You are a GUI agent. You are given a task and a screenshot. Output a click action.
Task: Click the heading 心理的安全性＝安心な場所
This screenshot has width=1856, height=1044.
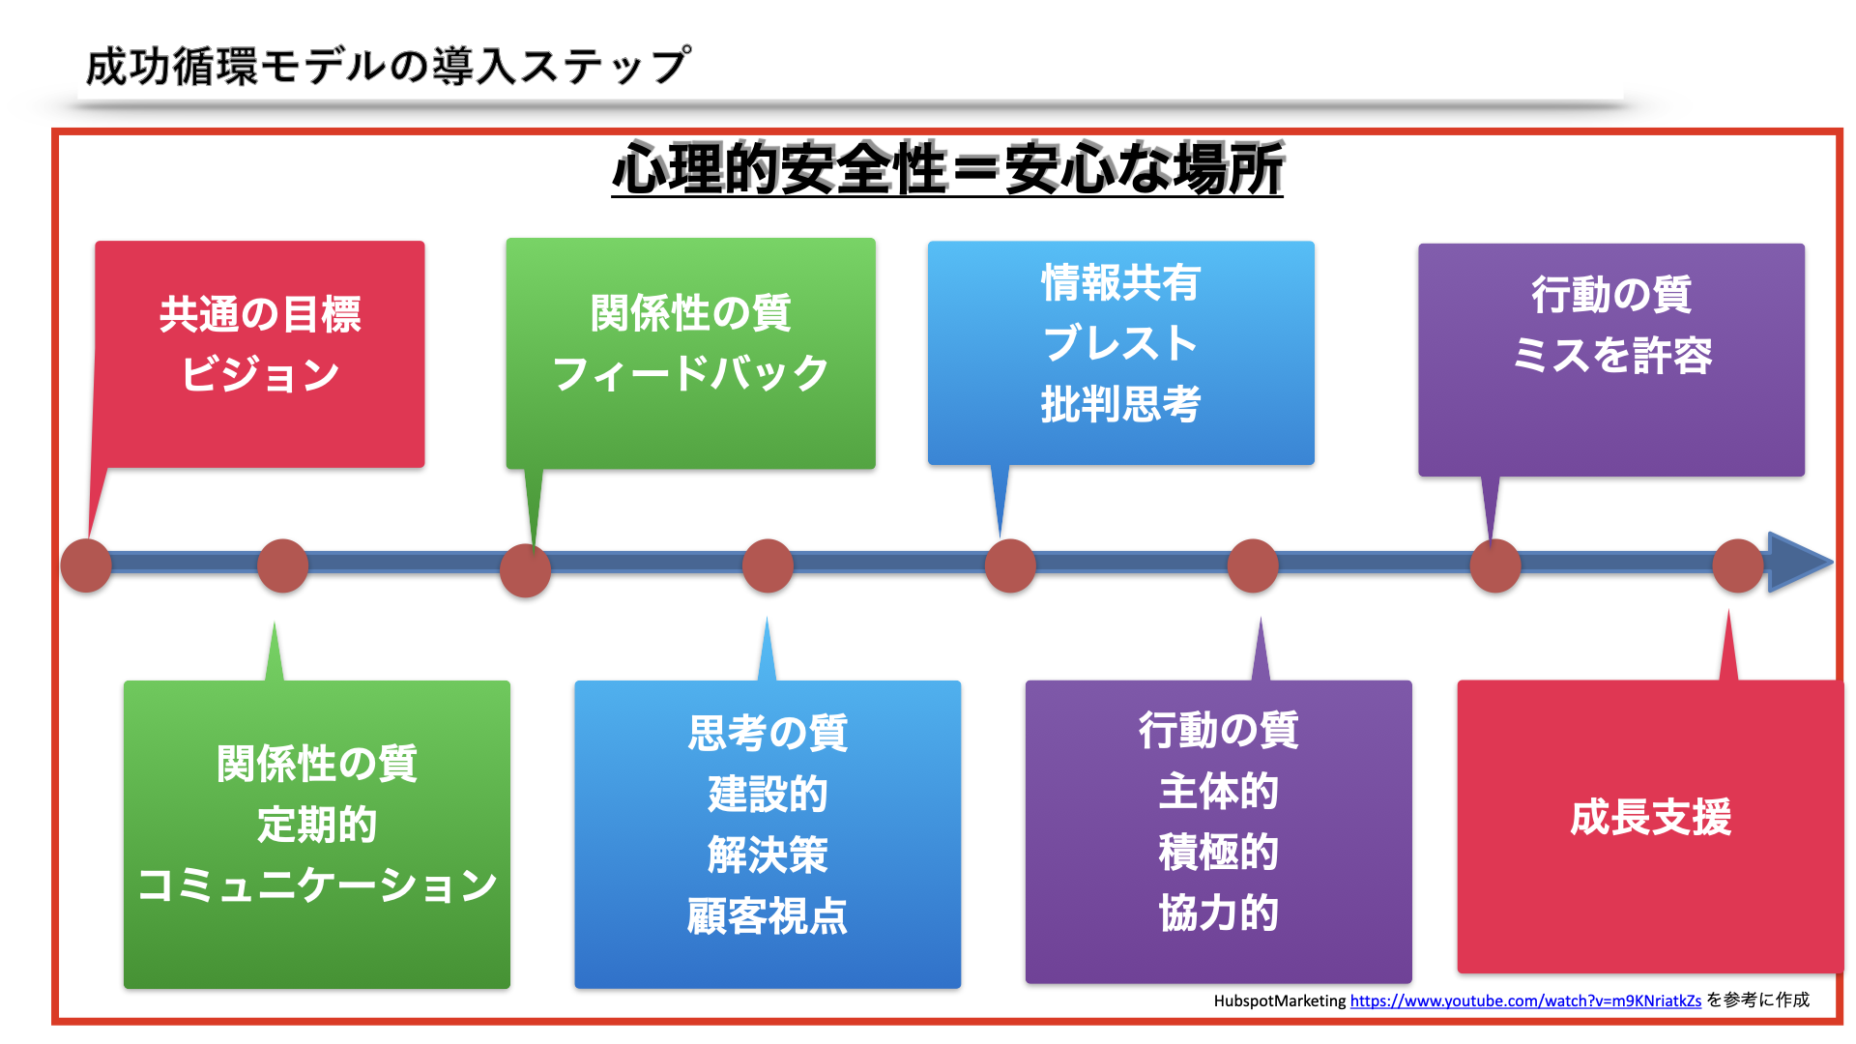pyautogui.click(x=947, y=168)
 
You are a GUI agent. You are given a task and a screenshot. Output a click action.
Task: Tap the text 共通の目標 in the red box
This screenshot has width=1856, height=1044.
pyautogui.click(x=260, y=315)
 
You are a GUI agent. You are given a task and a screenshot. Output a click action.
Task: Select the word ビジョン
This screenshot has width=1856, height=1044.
pyautogui.click(x=260, y=374)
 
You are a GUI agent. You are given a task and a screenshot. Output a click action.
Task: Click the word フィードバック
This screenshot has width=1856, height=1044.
pyautogui.click(x=690, y=373)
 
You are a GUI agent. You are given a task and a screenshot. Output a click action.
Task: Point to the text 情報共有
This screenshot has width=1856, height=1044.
pyautogui.click(x=1120, y=282)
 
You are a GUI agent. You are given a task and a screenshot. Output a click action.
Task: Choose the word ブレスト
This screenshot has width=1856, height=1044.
pyautogui.click(x=1120, y=343)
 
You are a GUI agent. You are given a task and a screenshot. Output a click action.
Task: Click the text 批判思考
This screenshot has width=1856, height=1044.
pyautogui.click(x=1120, y=404)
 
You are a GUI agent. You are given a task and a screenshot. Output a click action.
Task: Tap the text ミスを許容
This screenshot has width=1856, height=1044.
pyautogui.click(x=1611, y=355)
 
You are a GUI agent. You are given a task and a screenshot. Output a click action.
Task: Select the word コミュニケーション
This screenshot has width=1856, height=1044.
pyautogui.click(x=317, y=884)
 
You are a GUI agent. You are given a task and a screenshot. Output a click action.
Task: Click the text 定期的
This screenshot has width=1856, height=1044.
pyautogui.click(x=317, y=825)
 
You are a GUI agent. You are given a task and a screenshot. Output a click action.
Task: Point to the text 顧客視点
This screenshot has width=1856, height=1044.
pyautogui.click(x=768, y=915)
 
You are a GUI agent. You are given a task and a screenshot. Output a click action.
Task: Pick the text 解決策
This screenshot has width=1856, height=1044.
pyautogui.click(x=768, y=855)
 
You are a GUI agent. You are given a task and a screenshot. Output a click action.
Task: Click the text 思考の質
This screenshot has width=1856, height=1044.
pyautogui.click(x=768, y=733)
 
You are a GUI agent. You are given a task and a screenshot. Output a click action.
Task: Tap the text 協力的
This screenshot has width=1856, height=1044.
pyautogui.click(x=1218, y=913)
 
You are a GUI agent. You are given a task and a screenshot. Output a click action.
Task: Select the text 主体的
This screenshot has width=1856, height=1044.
pyautogui.click(x=1218, y=791)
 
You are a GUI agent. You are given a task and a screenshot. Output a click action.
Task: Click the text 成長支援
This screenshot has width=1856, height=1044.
pyautogui.click(x=1650, y=818)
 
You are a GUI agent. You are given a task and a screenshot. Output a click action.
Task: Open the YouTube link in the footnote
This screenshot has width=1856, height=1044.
pyautogui.click(x=1525, y=1001)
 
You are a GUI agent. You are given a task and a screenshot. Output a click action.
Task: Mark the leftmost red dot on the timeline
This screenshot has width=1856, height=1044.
pyautogui.click(x=86, y=565)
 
